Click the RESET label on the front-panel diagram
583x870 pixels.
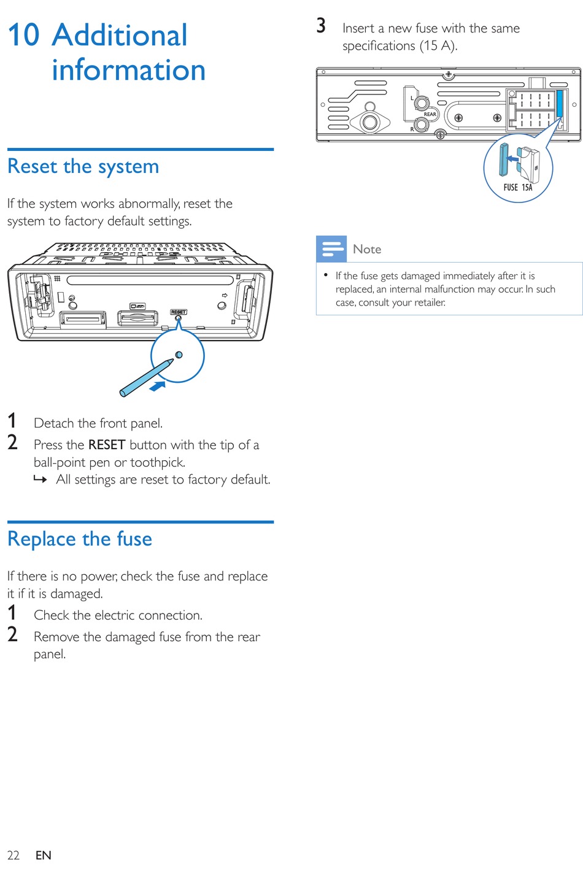pos(179,312)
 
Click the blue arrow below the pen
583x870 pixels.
pos(158,386)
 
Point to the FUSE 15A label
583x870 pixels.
pos(518,187)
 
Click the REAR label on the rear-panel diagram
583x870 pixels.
pos(430,114)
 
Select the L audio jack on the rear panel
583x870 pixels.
pos(422,102)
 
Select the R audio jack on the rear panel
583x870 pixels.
pos(421,125)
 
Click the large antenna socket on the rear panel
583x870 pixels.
pos(370,121)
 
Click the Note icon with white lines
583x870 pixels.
pos(331,249)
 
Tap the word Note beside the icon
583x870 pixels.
pos(367,249)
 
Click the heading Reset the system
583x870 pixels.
pos(83,166)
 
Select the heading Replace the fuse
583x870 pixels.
pos(80,539)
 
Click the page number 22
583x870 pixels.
pos(13,855)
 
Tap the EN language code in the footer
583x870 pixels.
pos(43,855)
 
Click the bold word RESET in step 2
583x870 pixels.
pos(107,445)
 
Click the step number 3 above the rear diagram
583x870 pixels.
pos(321,26)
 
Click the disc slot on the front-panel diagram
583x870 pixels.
pos(150,280)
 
